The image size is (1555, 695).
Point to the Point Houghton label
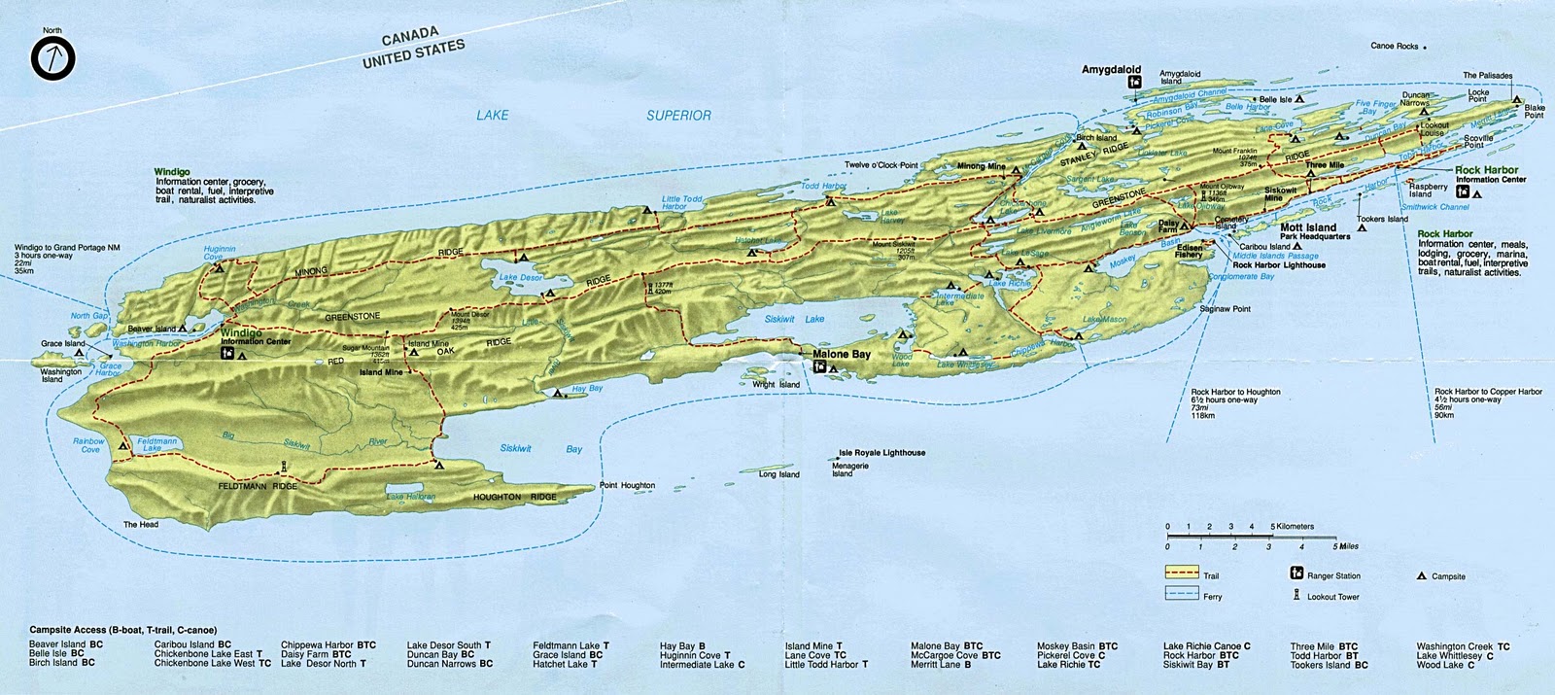(x=627, y=486)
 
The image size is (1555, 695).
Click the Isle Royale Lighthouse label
(x=881, y=453)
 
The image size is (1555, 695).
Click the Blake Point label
(x=1534, y=110)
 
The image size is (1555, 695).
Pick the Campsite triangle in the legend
(x=1421, y=575)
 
